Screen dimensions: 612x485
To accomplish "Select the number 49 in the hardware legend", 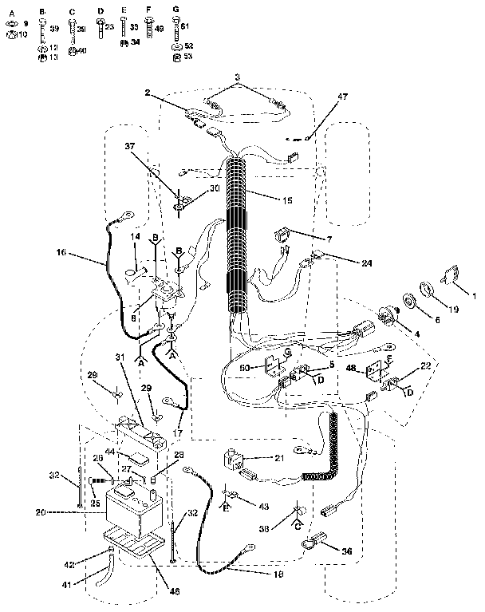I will pyautogui.click(x=159, y=29).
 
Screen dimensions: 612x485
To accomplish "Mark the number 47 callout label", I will pyautogui.click(x=342, y=97).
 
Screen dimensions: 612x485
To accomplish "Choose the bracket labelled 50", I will pyautogui.click(x=274, y=365).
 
